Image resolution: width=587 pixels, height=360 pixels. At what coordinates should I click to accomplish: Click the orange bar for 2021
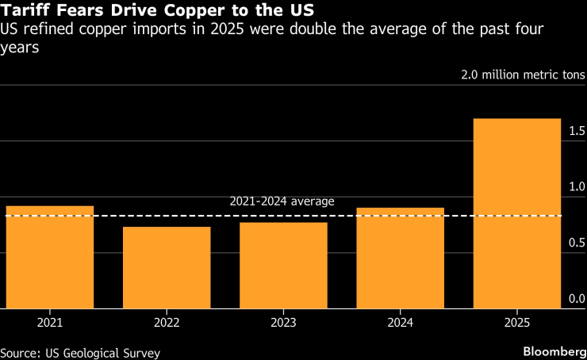pyautogui.click(x=50, y=258)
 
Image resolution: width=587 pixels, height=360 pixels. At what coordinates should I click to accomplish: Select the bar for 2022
pyautogui.click(x=167, y=268)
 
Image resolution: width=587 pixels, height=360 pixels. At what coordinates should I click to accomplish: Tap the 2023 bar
pyautogui.click(x=283, y=266)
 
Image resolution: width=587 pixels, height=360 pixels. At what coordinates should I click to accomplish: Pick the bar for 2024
pyautogui.click(x=400, y=259)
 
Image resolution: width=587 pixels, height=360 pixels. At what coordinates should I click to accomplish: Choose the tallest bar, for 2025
pyautogui.click(x=516, y=214)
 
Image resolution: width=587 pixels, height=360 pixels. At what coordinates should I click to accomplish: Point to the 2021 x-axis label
pyautogui.click(x=50, y=323)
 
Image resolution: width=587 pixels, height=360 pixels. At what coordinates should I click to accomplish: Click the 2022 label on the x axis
pyautogui.click(x=167, y=323)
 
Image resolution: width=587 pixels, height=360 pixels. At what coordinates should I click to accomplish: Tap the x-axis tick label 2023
pyautogui.click(x=283, y=323)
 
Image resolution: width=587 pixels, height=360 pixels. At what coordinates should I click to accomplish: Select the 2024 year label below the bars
pyautogui.click(x=400, y=323)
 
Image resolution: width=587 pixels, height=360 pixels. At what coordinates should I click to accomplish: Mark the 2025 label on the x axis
pyautogui.click(x=516, y=323)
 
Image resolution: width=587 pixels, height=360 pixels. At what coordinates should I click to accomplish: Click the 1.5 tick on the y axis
pyautogui.click(x=577, y=130)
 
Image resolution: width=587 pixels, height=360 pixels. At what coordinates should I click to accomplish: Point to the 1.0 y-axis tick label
pyautogui.click(x=577, y=186)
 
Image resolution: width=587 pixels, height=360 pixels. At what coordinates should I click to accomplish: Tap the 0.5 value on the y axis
pyautogui.click(x=577, y=243)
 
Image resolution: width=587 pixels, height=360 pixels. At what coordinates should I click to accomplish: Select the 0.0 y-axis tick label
pyautogui.click(x=577, y=299)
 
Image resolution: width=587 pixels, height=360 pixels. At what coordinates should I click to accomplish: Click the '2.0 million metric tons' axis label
pyautogui.click(x=523, y=75)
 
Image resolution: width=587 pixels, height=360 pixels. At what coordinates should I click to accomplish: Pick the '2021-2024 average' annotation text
pyautogui.click(x=282, y=201)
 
